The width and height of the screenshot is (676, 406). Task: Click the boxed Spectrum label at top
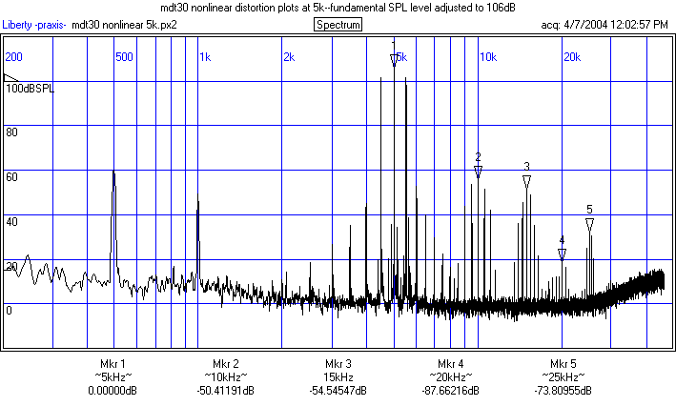click(x=338, y=24)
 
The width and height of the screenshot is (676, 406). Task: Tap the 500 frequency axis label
click(x=124, y=57)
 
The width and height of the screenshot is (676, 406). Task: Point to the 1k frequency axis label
click(x=205, y=57)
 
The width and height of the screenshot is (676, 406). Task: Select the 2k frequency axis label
click(x=289, y=57)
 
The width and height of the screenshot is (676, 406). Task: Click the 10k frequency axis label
click(x=487, y=57)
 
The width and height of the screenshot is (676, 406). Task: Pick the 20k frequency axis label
click(x=571, y=57)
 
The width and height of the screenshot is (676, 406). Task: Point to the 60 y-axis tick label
click(x=12, y=176)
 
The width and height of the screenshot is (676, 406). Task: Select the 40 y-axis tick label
click(x=12, y=221)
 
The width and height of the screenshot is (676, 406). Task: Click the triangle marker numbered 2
click(x=479, y=172)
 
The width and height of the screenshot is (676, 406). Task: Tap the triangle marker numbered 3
click(x=526, y=181)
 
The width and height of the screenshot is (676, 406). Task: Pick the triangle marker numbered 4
click(x=563, y=254)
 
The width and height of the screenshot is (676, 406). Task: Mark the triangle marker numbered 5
click(x=590, y=224)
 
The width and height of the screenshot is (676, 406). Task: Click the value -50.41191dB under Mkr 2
click(x=225, y=391)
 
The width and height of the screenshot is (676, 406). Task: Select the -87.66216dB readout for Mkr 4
click(x=451, y=391)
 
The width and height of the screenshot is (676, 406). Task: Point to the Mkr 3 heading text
click(x=338, y=364)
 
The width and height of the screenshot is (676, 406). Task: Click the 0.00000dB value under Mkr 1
click(x=113, y=391)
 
